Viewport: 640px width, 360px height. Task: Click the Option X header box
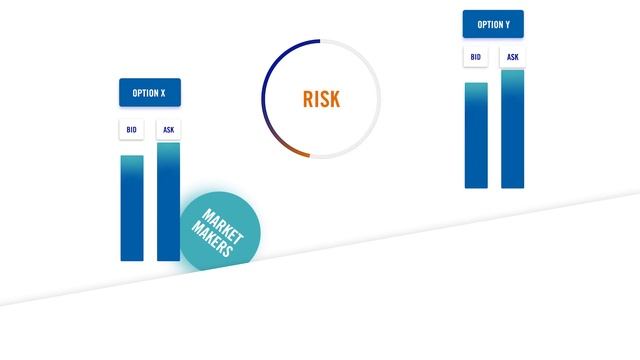[x=150, y=93]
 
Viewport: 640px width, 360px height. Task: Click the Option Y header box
[x=493, y=25]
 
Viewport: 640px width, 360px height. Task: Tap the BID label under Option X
[x=132, y=130]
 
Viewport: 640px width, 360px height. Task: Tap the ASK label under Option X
[x=168, y=130]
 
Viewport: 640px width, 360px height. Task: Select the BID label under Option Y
[x=476, y=58]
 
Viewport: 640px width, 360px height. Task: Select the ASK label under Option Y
[x=512, y=58]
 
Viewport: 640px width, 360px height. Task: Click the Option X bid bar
[x=132, y=210]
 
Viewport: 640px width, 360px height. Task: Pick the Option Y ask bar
[x=512, y=130]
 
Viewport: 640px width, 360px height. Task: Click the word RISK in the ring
[x=321, y=99]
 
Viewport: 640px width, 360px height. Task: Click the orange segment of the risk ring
[x=291, y=149]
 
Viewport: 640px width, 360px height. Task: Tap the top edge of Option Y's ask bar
[x=512, y=71]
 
